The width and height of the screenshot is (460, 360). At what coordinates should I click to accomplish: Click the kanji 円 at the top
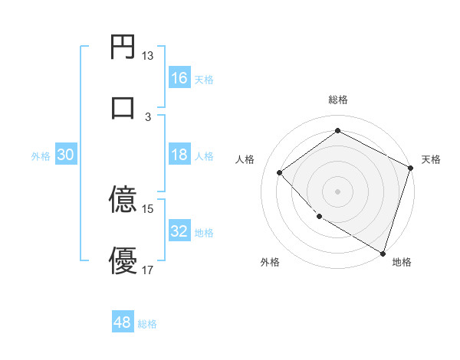(x=123, y=47)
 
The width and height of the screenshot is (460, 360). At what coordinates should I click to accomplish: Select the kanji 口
(x=123, y=106)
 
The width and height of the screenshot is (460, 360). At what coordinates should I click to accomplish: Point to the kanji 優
(x=123, y=260)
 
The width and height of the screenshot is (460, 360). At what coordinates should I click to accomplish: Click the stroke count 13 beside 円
(x=148, y=56)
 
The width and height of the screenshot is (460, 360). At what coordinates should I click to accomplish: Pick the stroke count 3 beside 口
(x=148, y=116)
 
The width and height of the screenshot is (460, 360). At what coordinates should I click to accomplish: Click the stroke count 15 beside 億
(x=148, y=208)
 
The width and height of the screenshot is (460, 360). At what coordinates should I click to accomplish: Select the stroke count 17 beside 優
(x=148, y=270)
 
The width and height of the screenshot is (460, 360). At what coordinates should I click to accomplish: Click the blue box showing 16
(x=179, y=78)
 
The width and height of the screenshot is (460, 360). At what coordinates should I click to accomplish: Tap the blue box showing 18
(x=179, y=155)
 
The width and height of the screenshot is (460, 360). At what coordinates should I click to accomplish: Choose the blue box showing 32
(x=179, y=231)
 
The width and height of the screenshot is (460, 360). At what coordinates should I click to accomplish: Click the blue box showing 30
(x=66, y=155)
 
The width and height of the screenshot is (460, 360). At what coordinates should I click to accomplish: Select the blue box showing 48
(x=123, y=322)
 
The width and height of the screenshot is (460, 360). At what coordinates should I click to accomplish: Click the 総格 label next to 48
(x=147, y=324)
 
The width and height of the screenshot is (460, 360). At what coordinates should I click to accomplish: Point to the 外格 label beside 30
(x=41, y=156)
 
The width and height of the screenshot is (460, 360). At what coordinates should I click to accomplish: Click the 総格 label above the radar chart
(x=337, y=100)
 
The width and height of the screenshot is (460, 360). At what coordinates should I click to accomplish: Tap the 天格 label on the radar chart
(x=431, y=159)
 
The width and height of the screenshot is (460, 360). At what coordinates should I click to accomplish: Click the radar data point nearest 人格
(x=280, y=172)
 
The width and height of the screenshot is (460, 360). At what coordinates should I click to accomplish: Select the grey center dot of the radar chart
(x=337, y=191)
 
